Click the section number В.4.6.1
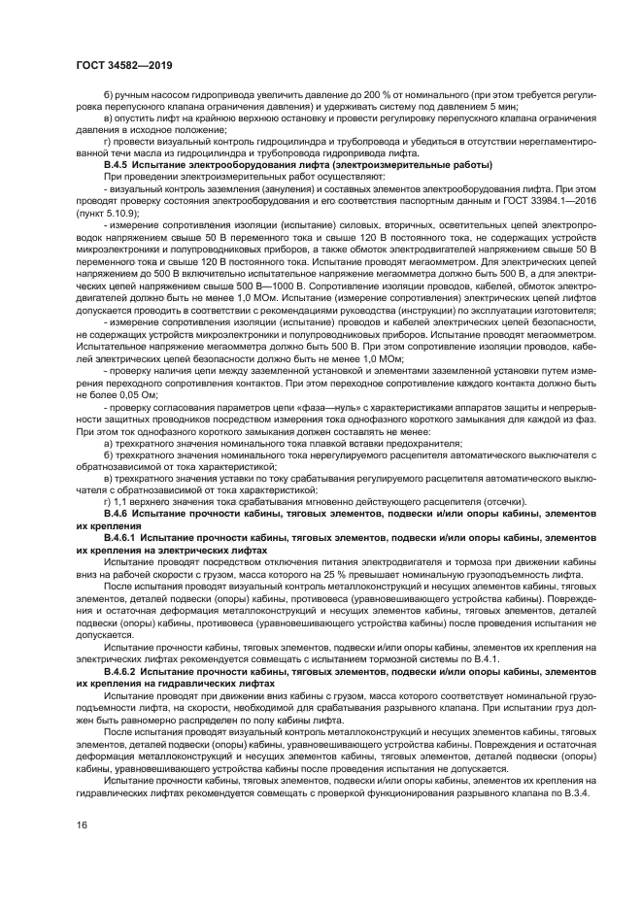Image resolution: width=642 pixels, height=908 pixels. coord(121,536)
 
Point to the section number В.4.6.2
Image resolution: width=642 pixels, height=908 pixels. coord(121,671)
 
